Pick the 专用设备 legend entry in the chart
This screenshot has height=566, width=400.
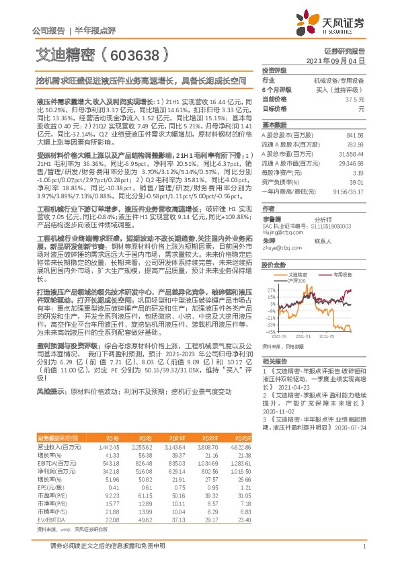[x=343, y=274]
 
